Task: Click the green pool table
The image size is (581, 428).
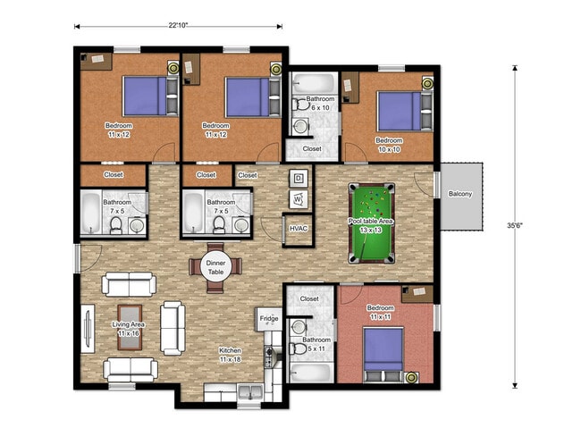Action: (x=371, y=223)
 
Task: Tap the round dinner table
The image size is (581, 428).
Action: (x=215, y=267)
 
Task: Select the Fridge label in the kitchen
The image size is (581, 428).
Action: (x=269, y=318)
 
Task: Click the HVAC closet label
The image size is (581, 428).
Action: (x=299, y=228)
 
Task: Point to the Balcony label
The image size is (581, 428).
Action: (x=460, y=194)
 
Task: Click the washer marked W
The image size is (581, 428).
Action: (x=299, y=199)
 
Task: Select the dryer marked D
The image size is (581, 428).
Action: (x=299, y=179)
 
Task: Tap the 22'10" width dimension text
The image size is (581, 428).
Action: (x=178, y=25)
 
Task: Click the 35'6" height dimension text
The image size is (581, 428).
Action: (x=515, y=225)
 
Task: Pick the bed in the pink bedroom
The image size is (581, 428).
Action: (x=383, y=354)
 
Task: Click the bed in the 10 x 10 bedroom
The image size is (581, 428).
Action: (x=405, y=111)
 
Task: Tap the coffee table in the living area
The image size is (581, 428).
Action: (x=130, y=327)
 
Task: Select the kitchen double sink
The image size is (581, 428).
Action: (x=250, y=391)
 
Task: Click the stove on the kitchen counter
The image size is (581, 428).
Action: (x=269, y=356)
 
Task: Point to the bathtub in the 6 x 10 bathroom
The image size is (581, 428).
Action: (x=314, y=83)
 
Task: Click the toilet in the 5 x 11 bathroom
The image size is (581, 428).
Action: (x=298, y=348)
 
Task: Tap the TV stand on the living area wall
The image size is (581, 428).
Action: (x=88, y=328)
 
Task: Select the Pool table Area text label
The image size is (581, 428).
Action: (x=371, y=222)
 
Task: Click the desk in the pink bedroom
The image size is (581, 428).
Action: (x=417, y=294)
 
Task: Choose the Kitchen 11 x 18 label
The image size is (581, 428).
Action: (x=230, y=355)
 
